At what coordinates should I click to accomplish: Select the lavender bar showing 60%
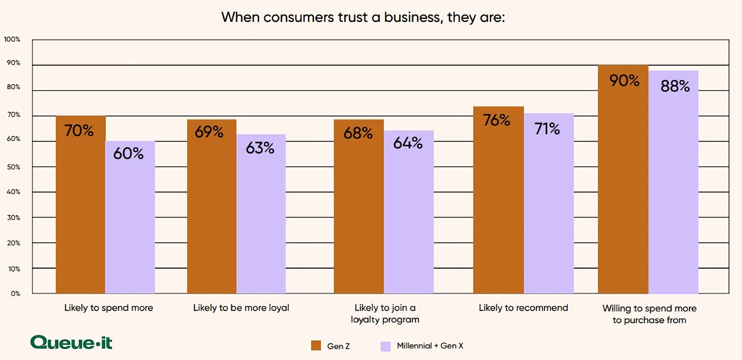click(x=130, y=217)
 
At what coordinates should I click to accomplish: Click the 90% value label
click(x=623, y=80)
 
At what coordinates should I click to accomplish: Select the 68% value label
click(x=357, y=133)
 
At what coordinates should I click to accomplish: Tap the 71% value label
click(x=548, y=129)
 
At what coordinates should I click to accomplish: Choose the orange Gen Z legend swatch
click(x=316, y=344)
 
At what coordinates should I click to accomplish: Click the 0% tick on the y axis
click(x=14, y=294)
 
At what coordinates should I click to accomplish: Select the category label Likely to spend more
click(x=108, y=308)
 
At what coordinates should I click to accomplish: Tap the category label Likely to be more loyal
click(x=241, y=308)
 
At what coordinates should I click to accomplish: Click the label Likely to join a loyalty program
click(x=384, y=313)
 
